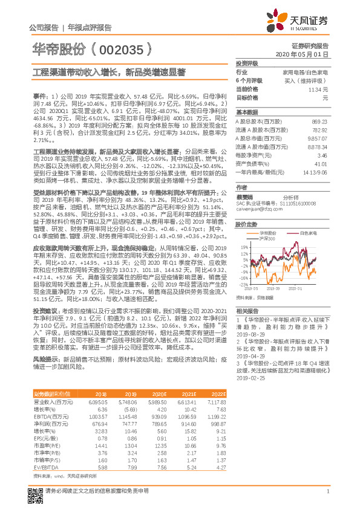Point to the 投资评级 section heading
247,63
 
